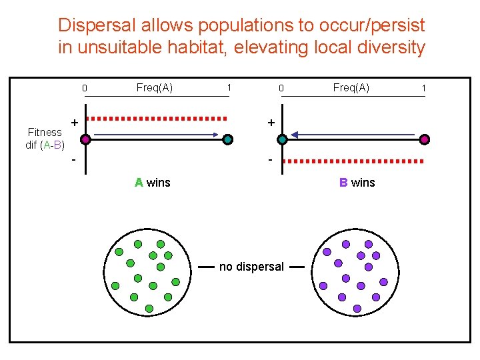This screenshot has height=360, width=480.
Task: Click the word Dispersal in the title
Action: pyautogui.click(x=90, y=26)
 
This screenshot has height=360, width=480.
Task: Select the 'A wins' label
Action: pyautogui.click(x=152, y=182)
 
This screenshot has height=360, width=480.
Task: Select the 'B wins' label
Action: pyautogui.click(x=357, y=182)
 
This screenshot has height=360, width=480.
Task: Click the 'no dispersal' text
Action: pyautogui.click(x=251, y=267)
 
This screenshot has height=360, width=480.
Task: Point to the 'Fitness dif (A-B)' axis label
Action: pyautogui.click(x=45, y=139)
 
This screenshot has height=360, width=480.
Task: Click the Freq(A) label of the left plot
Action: pyautogui.click(x=154, y=87)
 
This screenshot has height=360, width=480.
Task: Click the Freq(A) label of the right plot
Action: pyautogui.click(x=351, y=87)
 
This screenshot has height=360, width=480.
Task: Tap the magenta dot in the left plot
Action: pyautogui.click(x=85, y=139)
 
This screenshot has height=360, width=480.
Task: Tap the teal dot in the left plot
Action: pyautogui.click(x=228, y=139)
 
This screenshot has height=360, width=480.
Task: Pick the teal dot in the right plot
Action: pyautogui.click(x=282, y=139)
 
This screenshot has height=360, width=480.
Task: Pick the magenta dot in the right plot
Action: pyautogui.click(x=425, y=139)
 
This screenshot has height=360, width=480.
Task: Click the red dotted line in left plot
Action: pyautogui.click(x=157, y=118)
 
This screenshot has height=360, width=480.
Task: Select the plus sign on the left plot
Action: pyautogui.click(x=74, y=123)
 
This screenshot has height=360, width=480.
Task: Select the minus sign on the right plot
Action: pyautogui.click(x=270, y=161)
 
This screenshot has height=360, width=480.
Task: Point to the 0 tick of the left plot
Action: pyautogui.click(x=85, y=88)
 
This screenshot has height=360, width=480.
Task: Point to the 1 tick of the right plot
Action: pyautogui.click(x=424, y=88)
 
